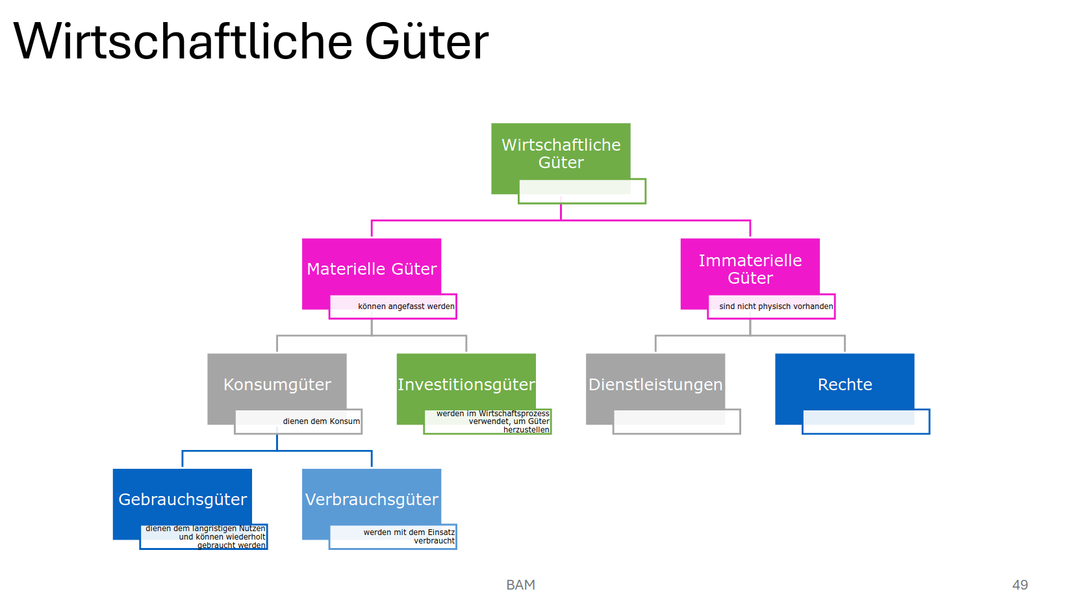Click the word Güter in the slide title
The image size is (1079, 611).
pyautogui.click(x=426, y=42)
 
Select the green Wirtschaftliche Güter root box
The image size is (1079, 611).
pyautogui.click(x=561, y=153)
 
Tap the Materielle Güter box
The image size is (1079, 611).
pyautogui.click(x=372, y=268)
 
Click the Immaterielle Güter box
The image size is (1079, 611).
pyautogui.click(x=750, y=268)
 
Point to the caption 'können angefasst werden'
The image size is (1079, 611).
pyautogui.click(x=405, y=306)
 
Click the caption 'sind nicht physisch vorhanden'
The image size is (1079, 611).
pyautogui.click(x=775, y=306)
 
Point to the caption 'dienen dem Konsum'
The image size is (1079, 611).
pyautogui.click(x=320, y=421)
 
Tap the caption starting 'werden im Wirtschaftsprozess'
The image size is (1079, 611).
pyautogui.click(x=492, y=421)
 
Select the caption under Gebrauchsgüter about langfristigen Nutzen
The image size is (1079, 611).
pyautogui.click(x=205, y=537)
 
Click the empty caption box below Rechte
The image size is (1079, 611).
pyautogui.click(x=866, y=421)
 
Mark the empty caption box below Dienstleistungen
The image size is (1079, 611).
pyautogui.click(x=676, y=421)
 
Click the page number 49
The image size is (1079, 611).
pyautogui.click(x=1019, y=584)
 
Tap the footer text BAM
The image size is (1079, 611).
pyautogui.click(x=520, y=584)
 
